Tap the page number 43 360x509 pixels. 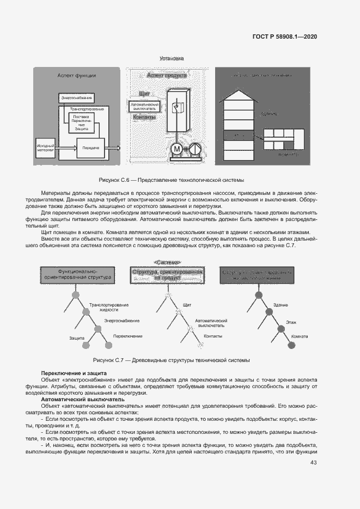click(313, 463)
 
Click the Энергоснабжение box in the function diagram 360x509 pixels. click(76, 97)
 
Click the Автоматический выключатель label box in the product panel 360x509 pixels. click(144, 106)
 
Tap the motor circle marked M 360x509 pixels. click(177, 148)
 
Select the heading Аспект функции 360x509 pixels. click(77, 76)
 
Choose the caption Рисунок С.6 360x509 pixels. click(172, 180)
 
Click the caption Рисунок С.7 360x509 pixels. click(172, 360)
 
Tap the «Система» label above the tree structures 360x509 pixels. click(168, 262)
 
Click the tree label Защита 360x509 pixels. click(77, 338)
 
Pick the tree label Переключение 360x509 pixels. click(128, 336)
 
